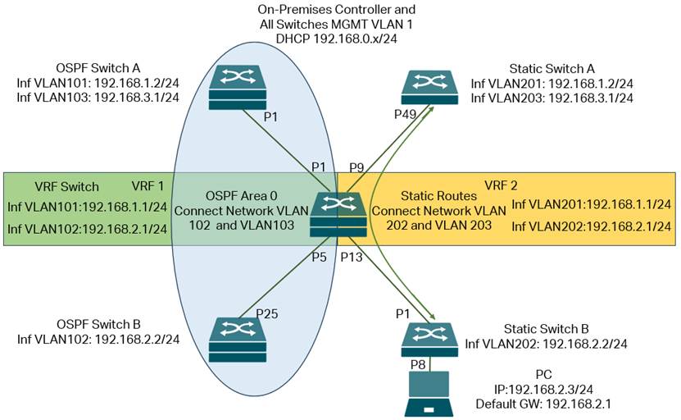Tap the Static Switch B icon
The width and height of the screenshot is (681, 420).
(x=429, y=338)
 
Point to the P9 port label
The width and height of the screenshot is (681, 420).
(x=356, y=167)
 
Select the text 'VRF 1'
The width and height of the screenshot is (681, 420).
(x=148, y=185)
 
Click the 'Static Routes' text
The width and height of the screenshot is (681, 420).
(x=432, y=196)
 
